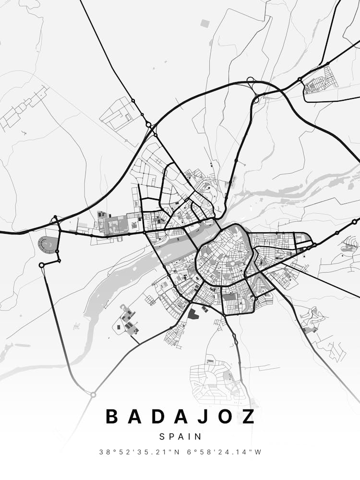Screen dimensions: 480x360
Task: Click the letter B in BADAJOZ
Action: click(112, 416)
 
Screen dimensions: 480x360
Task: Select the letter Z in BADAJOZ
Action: click(248, 416)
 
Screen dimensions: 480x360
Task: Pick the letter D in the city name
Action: click(157, 416)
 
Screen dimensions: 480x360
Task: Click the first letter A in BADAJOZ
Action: click(135, 416)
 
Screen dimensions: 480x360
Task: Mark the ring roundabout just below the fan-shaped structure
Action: click(42, 265)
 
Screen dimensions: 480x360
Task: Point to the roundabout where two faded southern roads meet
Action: click(93, 395)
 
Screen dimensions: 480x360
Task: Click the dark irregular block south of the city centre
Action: click(192, 314)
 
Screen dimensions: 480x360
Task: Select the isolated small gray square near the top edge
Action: click(205, 23)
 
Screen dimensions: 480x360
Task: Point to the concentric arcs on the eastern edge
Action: click(349, 246)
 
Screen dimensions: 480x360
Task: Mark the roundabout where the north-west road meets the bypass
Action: click(149, 124)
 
